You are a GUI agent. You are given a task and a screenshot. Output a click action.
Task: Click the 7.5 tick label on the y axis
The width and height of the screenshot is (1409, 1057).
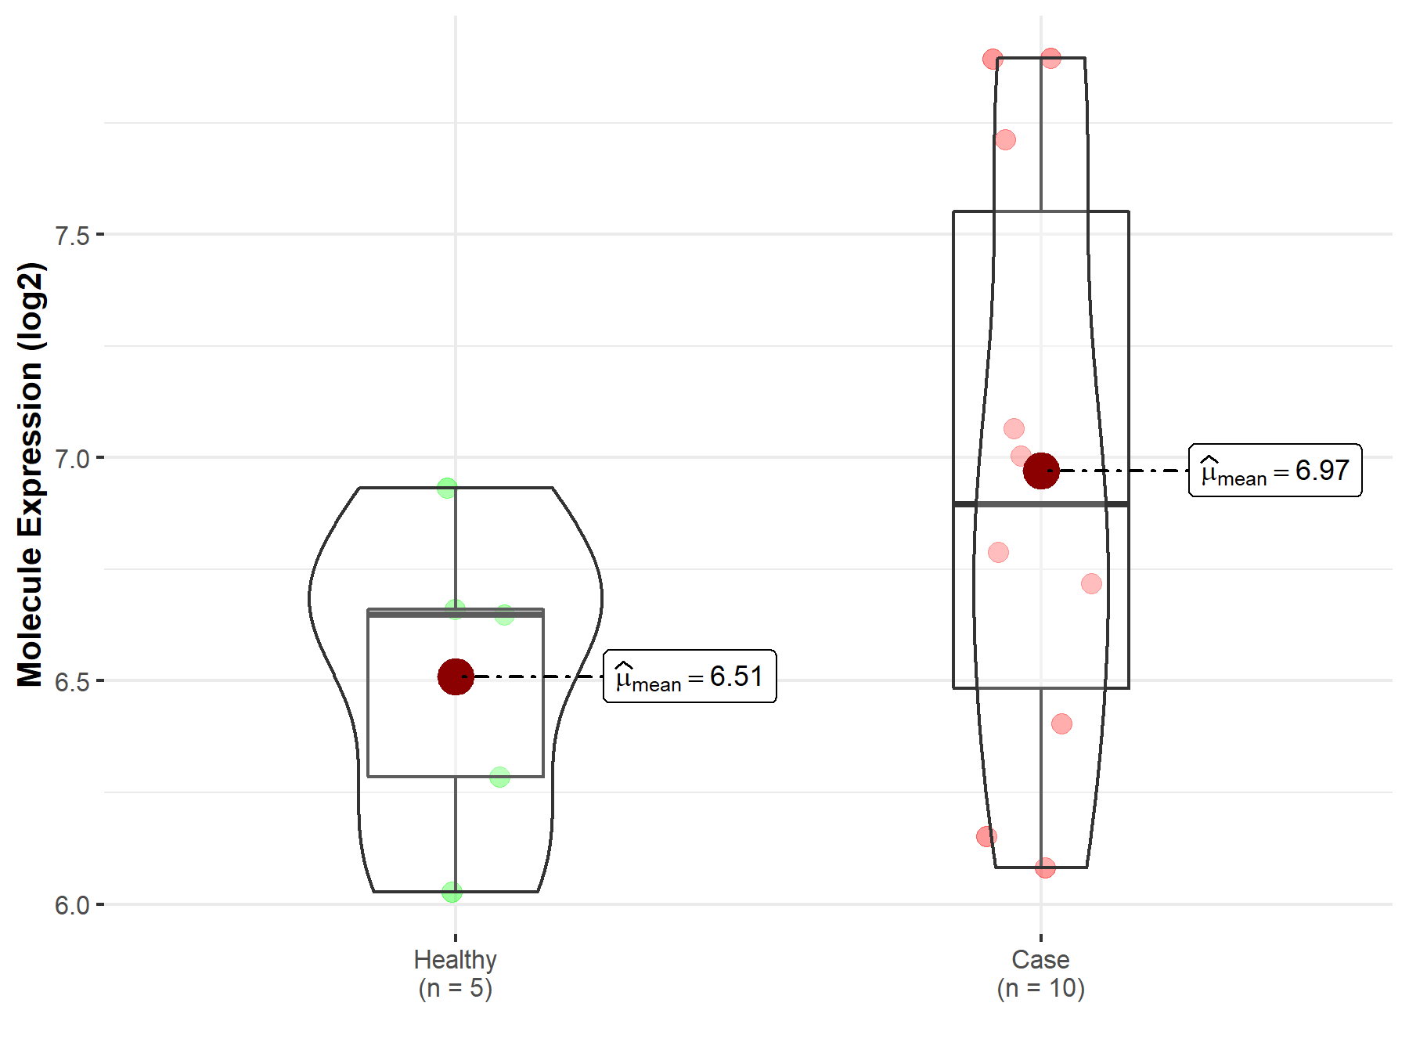72,235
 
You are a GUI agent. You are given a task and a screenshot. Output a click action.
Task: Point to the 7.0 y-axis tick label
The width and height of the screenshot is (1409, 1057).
72,458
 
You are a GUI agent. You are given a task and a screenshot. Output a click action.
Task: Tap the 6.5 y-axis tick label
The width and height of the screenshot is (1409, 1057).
72,681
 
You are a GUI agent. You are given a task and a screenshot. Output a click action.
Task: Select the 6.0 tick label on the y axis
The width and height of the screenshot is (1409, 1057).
72,905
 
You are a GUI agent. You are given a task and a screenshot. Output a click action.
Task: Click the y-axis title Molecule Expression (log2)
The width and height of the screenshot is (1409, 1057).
30,474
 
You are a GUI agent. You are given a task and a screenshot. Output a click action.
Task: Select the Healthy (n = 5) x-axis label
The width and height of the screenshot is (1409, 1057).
456,973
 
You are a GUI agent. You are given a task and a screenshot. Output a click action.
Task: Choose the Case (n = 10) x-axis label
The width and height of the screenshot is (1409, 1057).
1040,973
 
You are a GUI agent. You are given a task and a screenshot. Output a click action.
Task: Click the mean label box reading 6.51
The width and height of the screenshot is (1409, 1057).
690,676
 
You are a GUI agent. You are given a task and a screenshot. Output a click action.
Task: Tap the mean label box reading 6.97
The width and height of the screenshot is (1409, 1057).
1275,471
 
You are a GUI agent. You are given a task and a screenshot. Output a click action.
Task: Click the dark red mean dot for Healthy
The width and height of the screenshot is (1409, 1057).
456,676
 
